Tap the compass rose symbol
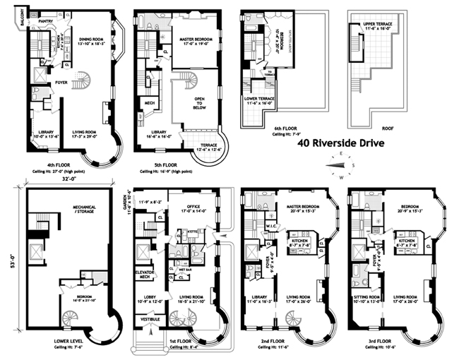click(340, 166)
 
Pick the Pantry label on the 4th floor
click(46, 21)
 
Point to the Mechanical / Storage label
click(68, 210)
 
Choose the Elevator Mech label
click(145, 274)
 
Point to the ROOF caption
click(378, 128)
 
